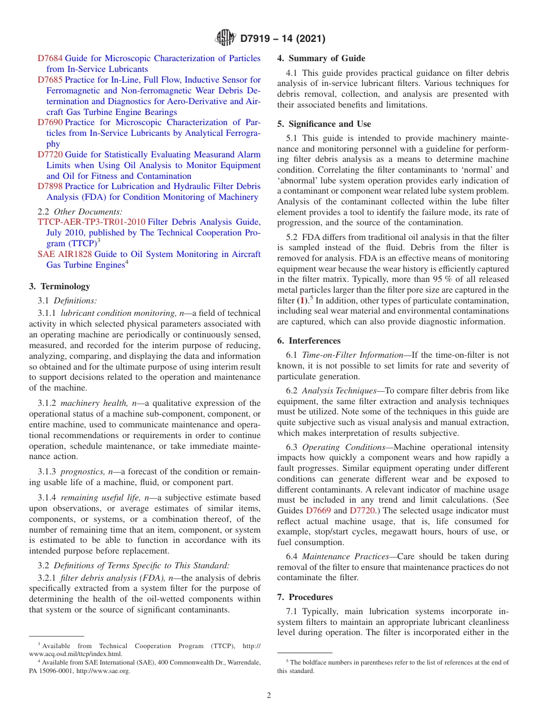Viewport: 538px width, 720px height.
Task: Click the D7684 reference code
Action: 50,58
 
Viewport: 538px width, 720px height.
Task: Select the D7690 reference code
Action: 50,122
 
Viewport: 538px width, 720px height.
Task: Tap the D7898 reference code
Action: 50,186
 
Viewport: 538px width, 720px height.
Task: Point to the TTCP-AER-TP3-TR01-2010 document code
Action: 92,222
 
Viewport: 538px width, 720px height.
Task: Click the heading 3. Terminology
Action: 59,286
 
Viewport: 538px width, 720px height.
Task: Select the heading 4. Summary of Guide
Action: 321,58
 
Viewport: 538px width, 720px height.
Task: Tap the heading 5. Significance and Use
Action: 324,124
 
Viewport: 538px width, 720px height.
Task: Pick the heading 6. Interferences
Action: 309,341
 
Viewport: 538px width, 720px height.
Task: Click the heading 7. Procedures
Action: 305,597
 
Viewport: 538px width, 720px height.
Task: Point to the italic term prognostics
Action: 82,472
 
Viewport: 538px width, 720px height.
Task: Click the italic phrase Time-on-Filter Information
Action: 352,355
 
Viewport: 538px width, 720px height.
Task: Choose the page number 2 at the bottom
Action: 269,696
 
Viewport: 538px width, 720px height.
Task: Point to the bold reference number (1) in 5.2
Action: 304,301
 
